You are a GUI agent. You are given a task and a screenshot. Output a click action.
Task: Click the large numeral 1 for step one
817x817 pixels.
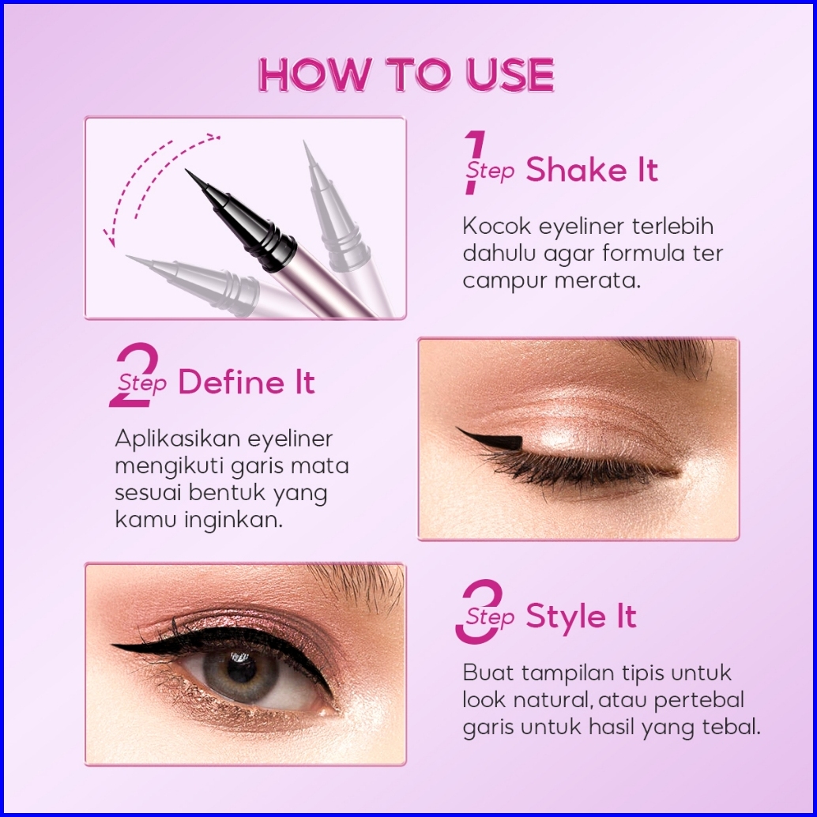coord(474,163)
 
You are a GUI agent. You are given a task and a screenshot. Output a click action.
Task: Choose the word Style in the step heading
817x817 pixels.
coord(566,617)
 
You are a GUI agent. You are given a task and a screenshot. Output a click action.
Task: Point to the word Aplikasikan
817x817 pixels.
coord(177,439)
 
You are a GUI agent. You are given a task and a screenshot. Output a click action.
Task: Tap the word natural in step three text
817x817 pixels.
coord(553,700)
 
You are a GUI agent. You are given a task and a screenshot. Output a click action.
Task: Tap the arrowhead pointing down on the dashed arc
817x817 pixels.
coord(109,239)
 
